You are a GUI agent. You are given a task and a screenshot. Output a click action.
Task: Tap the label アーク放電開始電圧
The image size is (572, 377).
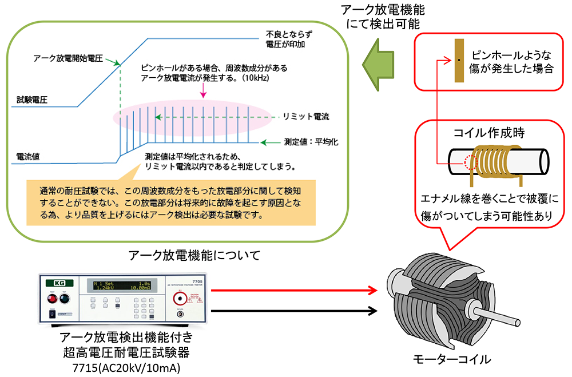[67, 58]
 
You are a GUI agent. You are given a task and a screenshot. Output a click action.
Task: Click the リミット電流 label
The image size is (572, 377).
[306, 116]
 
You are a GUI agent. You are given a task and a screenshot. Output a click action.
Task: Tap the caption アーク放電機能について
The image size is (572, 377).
[194, 255]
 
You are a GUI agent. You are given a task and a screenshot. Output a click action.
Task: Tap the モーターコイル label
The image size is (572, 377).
[451, 360]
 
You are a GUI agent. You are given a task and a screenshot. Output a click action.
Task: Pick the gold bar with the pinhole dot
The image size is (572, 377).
[459, 60]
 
